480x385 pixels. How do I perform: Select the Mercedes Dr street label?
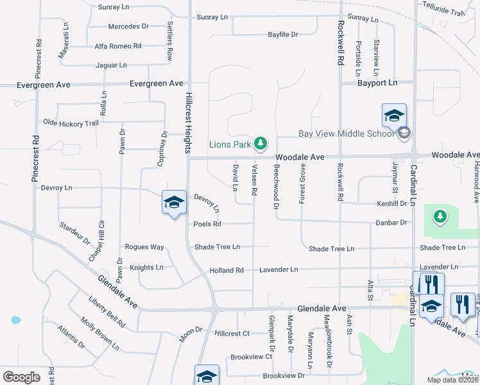(128, 26)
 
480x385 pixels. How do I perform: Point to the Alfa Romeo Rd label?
(117, 46)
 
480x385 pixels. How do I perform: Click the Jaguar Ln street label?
(111, 65)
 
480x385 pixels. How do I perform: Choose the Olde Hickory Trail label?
(71, 123)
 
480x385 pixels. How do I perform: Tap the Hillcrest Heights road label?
(189, 122)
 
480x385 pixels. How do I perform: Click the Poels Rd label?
(207, 224)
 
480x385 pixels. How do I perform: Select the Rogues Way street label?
(144, 246)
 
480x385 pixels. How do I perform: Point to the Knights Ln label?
(146, 267)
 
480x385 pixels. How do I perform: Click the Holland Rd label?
(227, 270)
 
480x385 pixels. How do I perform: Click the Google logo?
(21, 377)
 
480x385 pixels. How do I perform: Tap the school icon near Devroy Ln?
(173, 203)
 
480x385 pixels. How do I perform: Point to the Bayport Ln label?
(377, 83)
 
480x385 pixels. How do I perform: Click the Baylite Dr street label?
(282, 34)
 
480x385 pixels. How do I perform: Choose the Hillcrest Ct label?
(232, 334)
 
